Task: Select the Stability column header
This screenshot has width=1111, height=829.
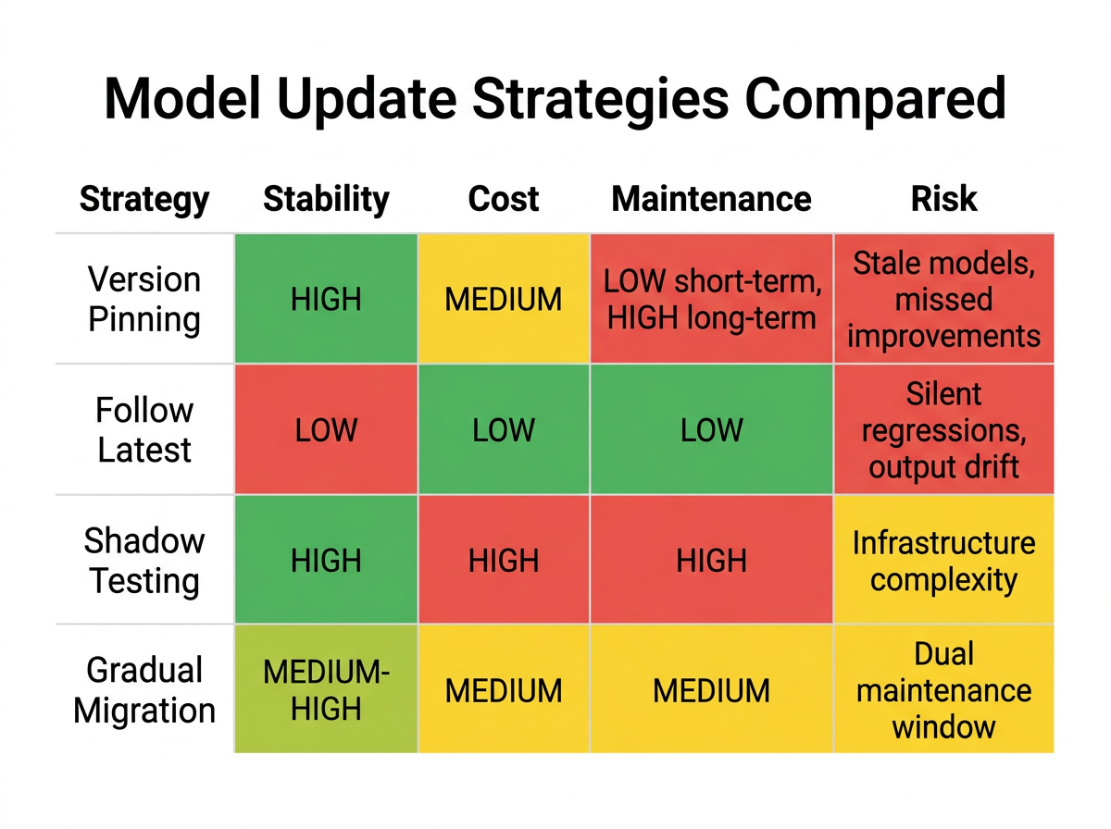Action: pyautogui.click(x=326, y=199)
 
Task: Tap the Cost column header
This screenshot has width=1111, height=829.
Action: pyautogui.click(x=504, y=199)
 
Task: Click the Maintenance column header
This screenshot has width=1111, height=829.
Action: pyautogui.click(x=711, y=199)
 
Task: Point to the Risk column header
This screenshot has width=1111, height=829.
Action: pyautogui.click(x=943, y=199)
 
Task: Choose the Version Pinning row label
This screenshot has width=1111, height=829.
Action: pyautogui.click(x=144, y=299)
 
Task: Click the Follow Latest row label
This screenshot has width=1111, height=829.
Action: pyautogui.click(x=144, y=429)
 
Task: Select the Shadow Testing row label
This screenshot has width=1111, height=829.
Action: pyautogui.click(x=144, y=560)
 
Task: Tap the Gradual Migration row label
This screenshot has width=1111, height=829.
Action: pyautogui.click(x=144, y=690)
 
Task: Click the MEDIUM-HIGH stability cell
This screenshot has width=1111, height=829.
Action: pyautogui.click(x=326, y=689)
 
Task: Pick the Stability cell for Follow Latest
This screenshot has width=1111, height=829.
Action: pyautogui.click(x=326, y=429)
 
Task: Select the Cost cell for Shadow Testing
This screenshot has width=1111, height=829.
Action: pyautogui.click(x=504, y=560)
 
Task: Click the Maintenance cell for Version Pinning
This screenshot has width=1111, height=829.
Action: pyautogui.click(x=711, y=299)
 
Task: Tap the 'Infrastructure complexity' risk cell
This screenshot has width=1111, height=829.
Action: pyautogui.click(x=943, y=560)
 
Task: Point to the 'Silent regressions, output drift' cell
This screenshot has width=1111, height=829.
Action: pyautogui.click(x=943, y=429)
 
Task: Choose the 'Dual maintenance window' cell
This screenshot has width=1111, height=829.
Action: pyautogui.click(x=943, y=689)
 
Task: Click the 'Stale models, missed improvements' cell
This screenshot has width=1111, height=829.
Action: pyautogui.click(x=943, y=299)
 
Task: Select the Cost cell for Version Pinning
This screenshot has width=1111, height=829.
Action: pyautogui.click(x=504, y=299)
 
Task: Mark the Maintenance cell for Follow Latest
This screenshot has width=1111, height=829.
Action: pyautogui.click(x=711, y=429)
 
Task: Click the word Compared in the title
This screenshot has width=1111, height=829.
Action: pyautogui.click(x=876, y=100)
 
